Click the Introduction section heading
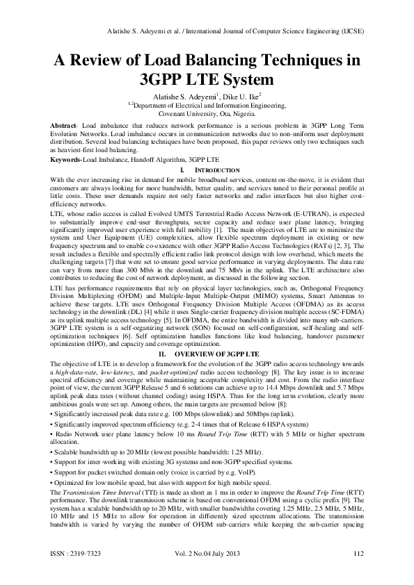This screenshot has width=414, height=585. click(209, 170)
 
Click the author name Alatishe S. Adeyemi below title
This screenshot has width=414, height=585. click(181, 96)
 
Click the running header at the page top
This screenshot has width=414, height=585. click(232, 32)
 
